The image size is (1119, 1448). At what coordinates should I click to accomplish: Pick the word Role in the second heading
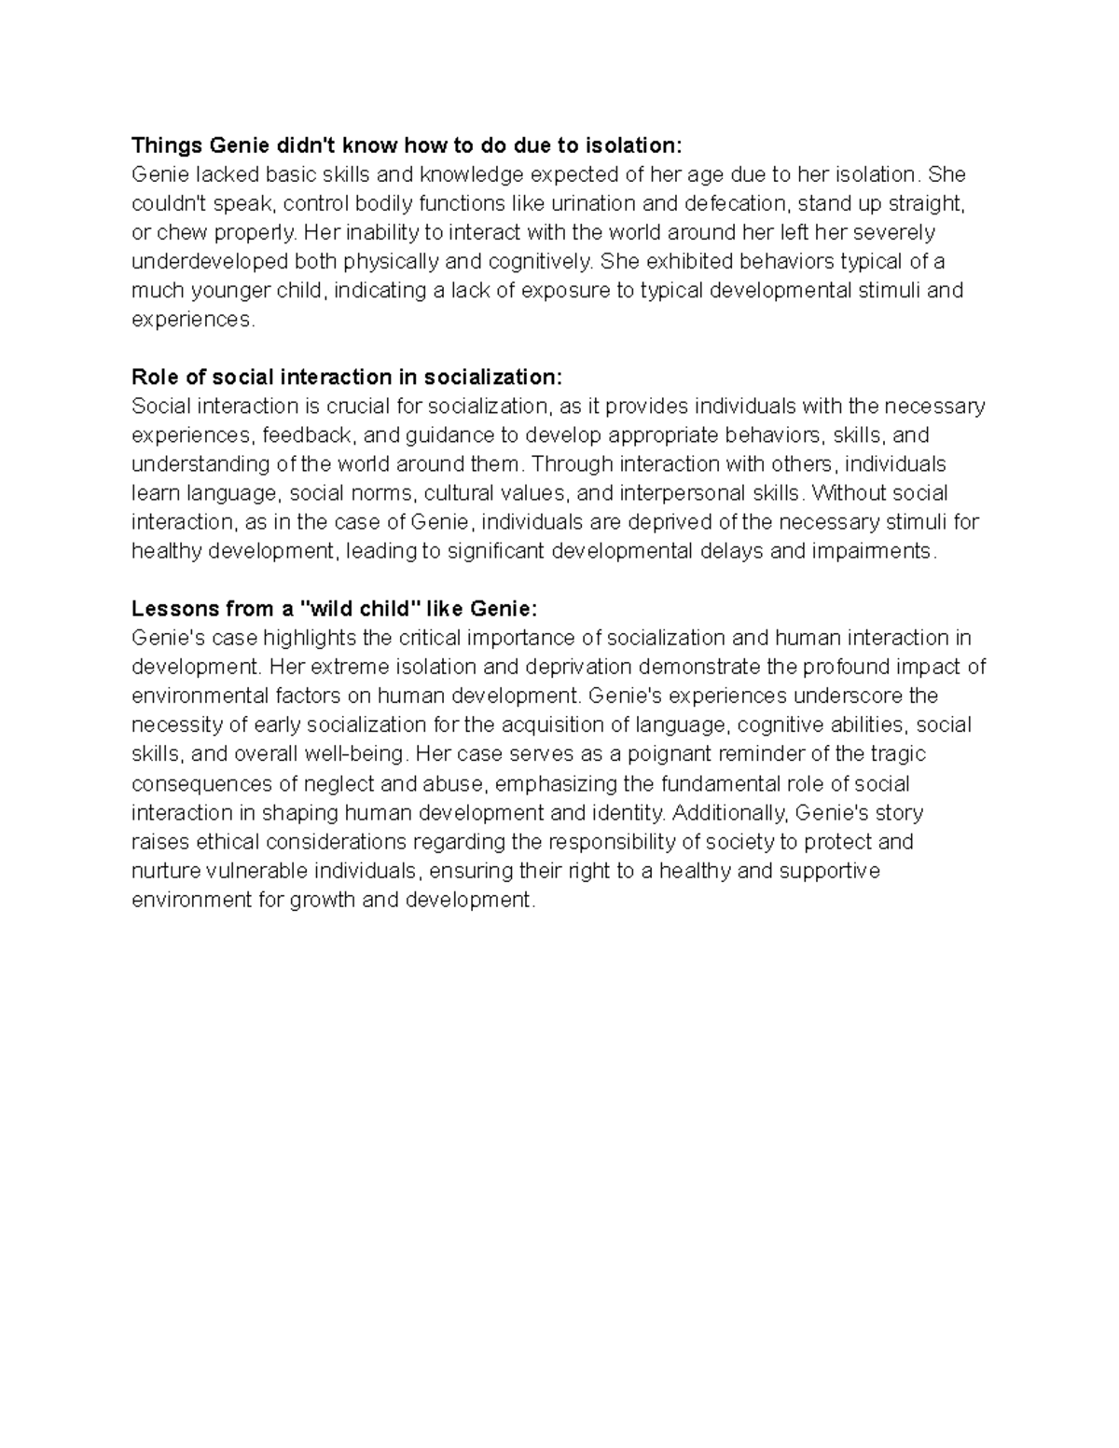pos(154,377)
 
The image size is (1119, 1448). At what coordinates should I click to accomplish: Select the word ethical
pos(228,842)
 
